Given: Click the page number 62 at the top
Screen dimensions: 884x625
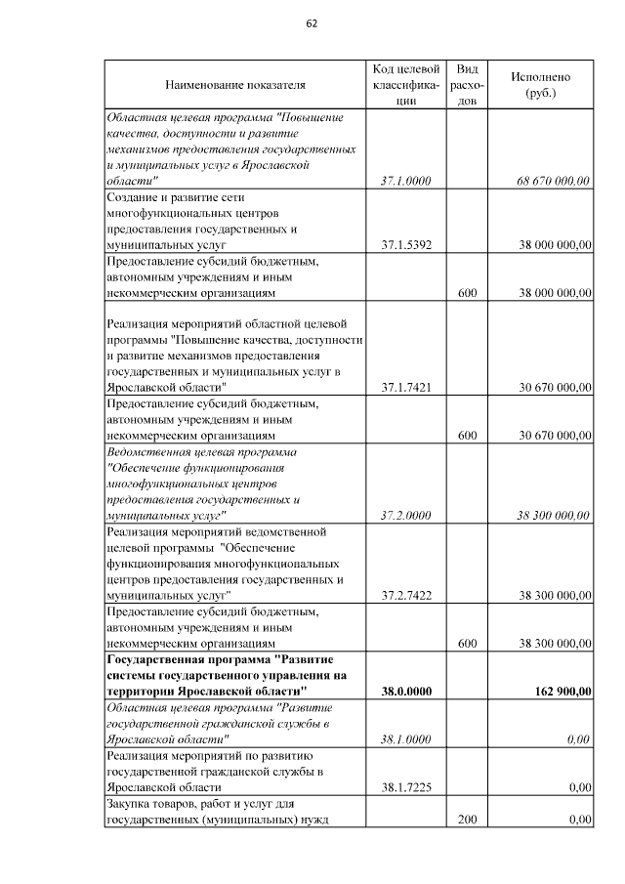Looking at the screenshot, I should tap(312, 24).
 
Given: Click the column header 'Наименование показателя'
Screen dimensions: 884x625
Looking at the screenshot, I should tap(234, 85).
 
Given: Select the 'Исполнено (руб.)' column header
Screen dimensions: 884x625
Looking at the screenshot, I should tap(540, 85).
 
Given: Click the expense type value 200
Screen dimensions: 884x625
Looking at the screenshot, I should tap(467, 820).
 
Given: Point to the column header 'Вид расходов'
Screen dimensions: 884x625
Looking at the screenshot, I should tap(467, 85).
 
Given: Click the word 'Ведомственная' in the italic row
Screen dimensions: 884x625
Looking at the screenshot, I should tap(147, 452).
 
